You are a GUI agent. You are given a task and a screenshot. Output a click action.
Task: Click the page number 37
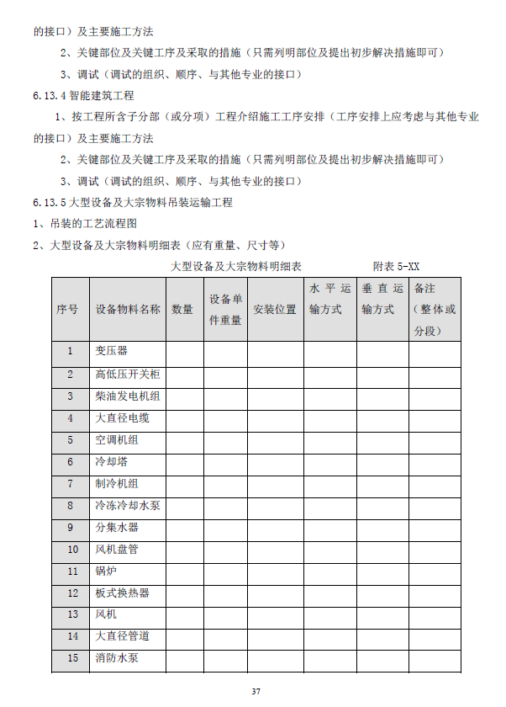click(x=256, y=691)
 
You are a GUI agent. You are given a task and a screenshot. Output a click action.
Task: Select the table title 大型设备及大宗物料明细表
click(x=236, y=266)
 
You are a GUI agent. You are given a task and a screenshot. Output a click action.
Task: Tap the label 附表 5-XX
click(x=397, y=266)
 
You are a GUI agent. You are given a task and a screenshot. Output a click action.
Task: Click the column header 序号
click(x=70, y=309)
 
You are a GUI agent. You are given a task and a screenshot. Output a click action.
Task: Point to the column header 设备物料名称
click(x=127, y=309)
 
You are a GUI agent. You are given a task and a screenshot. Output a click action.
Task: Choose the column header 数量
click(x=182, y=309)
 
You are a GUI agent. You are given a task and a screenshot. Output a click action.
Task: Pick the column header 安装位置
click(x=275, y=309)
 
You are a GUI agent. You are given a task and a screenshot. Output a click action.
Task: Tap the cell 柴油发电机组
click(x=127, y=396)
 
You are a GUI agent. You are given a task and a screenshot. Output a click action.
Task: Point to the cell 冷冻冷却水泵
click(x=127, y=506)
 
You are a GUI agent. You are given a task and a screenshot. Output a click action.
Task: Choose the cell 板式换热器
click(x=122, y=593)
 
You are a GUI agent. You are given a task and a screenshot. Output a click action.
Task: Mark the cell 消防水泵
click(x=117, y=658)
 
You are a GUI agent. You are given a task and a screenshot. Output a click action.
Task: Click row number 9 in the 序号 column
click(x=70, y=528)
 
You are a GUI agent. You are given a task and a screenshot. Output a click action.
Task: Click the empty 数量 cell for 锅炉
click(x=182, y=571)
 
